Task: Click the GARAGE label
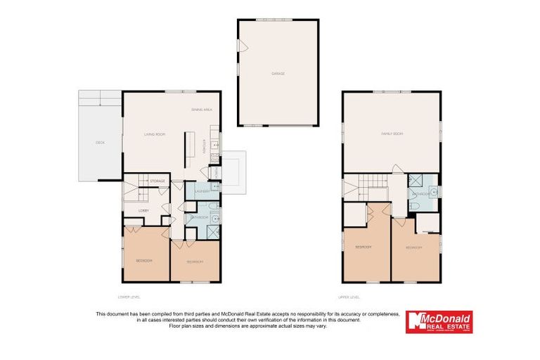tap(278, 73)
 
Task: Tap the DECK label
tap(100, 143)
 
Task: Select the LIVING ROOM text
tap(154, 134)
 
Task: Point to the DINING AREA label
tap(201, 110)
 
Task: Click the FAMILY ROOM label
tap(392, 133)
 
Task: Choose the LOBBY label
tap(143, 210)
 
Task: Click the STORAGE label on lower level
tap(157, 181)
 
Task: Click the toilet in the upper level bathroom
tap(415, 206)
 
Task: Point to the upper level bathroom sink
tap(435, 191)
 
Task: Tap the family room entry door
tap(396, 169)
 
